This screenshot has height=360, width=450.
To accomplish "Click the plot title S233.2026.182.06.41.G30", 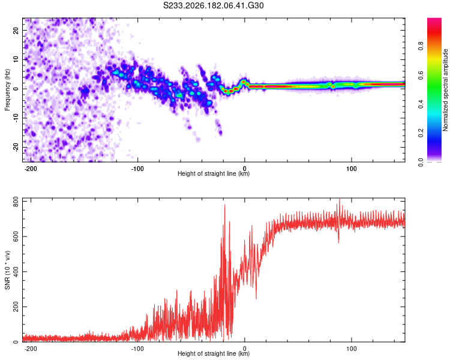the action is coord(213,5).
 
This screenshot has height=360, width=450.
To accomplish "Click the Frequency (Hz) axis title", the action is coord(7,90).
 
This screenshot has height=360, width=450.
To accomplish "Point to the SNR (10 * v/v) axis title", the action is coord(7,270).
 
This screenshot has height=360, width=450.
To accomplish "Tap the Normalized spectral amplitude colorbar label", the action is coord(445,90).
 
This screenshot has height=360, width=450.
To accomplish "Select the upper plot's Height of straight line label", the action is coord(214,173).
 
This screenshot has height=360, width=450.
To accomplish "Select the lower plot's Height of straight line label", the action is coord(214,353).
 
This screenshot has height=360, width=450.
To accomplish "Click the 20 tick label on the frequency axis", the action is coord(16,30).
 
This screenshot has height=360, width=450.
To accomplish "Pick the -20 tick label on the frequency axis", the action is coord(16,147).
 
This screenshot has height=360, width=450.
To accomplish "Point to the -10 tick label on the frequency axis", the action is coord(16,118).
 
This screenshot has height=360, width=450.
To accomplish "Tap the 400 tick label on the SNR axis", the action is coord(16,272).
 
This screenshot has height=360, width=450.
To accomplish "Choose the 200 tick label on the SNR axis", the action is coord(16,307).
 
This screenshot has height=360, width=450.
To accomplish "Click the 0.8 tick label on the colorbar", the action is coord(421,46).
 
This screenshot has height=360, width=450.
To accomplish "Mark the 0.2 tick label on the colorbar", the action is coord(421,133).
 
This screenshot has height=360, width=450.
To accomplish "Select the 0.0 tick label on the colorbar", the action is coord(421,163).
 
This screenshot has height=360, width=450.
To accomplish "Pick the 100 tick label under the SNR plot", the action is coord(351,349).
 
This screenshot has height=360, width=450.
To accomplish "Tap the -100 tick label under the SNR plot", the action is coord(137,349).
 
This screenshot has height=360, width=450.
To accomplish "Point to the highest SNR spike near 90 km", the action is coord(340,199).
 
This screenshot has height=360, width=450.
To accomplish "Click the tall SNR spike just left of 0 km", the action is coord(225,205).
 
